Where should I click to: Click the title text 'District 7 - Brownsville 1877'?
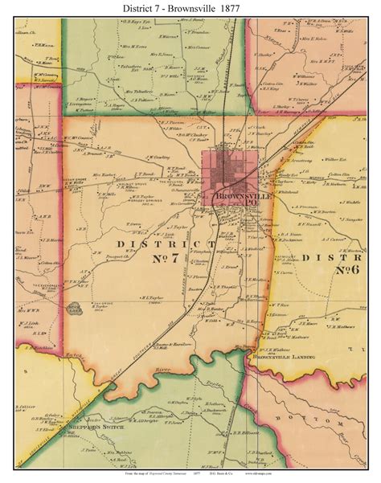click(190, 9)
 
